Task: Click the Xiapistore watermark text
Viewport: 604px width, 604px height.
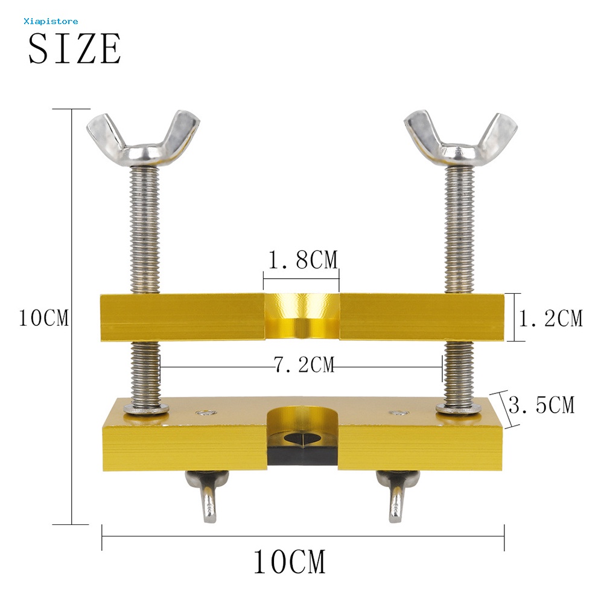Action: coord(51,21)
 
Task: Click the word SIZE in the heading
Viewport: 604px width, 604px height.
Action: coord(74,49)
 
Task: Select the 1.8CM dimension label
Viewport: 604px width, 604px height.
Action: coord(302,261)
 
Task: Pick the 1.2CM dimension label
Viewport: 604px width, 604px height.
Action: coord(552,318)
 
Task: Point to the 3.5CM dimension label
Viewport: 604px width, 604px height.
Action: coord(541,405)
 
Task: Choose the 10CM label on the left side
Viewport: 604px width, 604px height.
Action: coord(43,318)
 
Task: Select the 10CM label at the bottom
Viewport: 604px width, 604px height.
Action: coord(289,562)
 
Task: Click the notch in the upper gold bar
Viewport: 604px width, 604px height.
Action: coord(302,314)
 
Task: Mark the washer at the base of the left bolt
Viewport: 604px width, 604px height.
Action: coord(146,408)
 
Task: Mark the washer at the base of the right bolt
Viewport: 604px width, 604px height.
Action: coord(459,408)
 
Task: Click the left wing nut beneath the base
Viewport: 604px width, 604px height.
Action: coord(206,494)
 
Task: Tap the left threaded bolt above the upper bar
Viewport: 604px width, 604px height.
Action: coord(144,229)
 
